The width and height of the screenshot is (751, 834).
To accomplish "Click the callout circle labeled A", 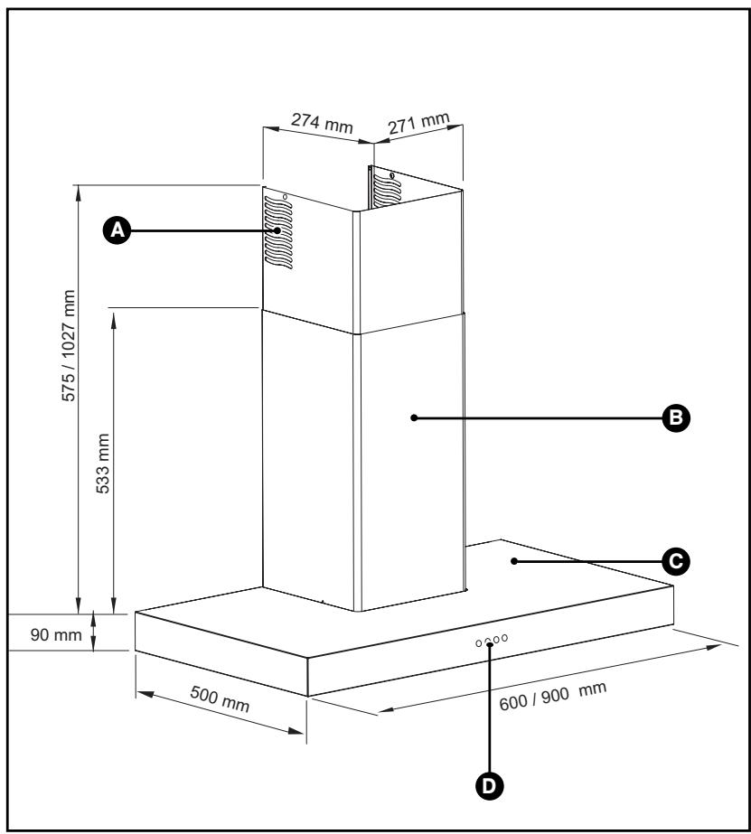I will pyautogui.click(x=115, y=231).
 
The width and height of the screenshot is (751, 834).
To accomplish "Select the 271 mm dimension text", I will pyautogui.click(x=418, y=124).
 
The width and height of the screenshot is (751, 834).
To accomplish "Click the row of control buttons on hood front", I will pyautogui.click(x=491, y=641).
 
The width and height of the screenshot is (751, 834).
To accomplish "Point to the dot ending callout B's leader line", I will pyautogui.click(x=413, y=417).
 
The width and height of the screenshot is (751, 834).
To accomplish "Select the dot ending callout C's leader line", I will pyautogui.click(x=512, y=561).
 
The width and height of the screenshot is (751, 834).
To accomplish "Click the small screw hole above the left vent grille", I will pyautogui.click(x=284, y=195).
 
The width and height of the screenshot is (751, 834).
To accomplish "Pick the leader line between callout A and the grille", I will pyautogui.click(x=199, y=231).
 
